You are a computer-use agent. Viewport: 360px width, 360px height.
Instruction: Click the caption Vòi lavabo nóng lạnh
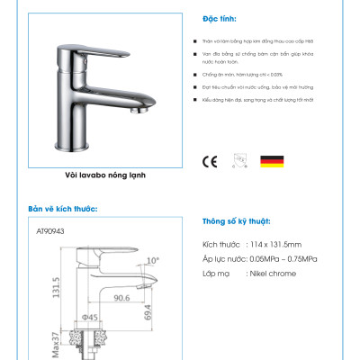(x=105, y=177)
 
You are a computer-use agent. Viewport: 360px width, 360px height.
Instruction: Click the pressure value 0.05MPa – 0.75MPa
(x=293, y=258)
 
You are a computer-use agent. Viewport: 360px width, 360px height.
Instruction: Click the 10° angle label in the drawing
(x=152, y=261)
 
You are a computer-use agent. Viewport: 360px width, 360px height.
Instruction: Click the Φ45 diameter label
(x=90, y=317)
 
